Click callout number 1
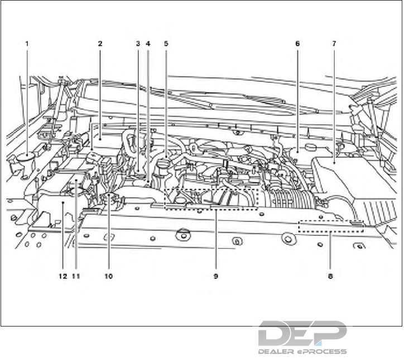tap(26, 43)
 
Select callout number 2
tap(99, 43)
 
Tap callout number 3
tap(138, 43)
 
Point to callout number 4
tap(148, 43)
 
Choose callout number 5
tap(166, 43)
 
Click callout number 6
tap(297, 43)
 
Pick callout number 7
tap(334, 43)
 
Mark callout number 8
tap(331, 276)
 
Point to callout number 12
tap(62, 276)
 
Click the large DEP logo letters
tap(302, 334)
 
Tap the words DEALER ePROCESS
tap(302, 352)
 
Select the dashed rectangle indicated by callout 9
tap(212, 199)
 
